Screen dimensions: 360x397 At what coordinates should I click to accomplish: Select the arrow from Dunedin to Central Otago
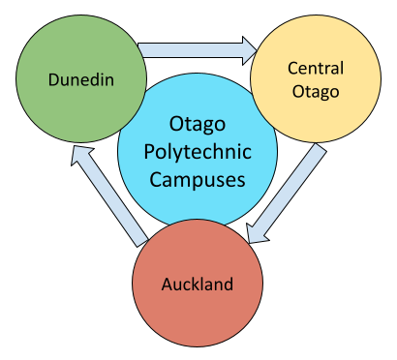pyautogui.click(x=194, y=46)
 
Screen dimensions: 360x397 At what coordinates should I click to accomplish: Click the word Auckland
pyautogui.click(x=198, y=285)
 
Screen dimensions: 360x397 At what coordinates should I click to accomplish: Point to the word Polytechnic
pyautogui.click(x=198, y=153)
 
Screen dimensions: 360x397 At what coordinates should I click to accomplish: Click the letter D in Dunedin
pyautogui.click(x=54, y=79)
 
